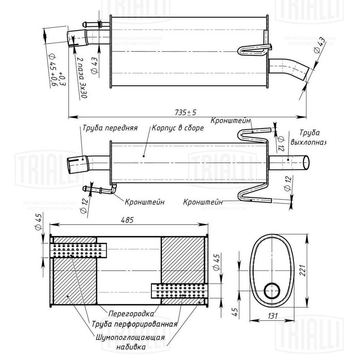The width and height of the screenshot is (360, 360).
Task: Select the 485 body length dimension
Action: click(129, 220)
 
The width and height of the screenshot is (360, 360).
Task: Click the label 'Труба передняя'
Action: click(110, 128)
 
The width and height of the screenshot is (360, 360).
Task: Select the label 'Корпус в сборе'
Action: click(178, 128)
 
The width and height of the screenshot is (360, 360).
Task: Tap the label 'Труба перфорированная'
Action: click(135, 324)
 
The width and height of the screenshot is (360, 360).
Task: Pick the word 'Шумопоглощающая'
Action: click(130, 338)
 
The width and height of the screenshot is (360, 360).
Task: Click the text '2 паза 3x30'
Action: click(82, 77)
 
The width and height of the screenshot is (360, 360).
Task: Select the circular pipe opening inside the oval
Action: click(272, 291)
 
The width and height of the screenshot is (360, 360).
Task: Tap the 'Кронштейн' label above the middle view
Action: click(231, 120)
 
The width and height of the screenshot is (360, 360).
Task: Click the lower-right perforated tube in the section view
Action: click(179, 291)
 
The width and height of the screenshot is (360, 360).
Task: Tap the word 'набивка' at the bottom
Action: click(131, 348)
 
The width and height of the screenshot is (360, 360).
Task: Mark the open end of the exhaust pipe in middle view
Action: click(306, 163)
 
